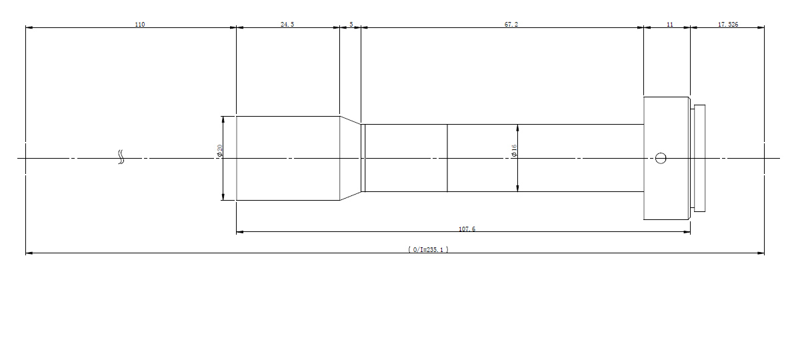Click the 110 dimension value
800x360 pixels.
tap(139, 24)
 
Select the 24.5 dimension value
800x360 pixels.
tap(287, 24)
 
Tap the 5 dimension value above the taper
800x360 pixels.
tap(351, 24)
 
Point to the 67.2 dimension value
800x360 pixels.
tap(511, 24)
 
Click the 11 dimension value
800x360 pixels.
tap(669, 24)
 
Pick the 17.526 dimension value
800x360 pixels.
tap(728, 24)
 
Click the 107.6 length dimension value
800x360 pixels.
tap(467, 229)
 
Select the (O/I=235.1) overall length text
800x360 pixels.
tap(428, 249)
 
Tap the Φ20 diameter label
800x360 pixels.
tap(219, 151)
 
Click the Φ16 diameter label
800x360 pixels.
tap(514, 151)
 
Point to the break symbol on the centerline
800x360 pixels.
tap(121, 157)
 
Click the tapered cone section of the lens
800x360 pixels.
tap(351, 158)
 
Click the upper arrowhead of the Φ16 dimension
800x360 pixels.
tap(517, 128)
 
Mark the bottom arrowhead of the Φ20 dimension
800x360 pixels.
tap(223, 197)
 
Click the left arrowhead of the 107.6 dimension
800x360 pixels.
tap(240, 232)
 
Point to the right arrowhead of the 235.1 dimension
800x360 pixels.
tap(761, 253)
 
